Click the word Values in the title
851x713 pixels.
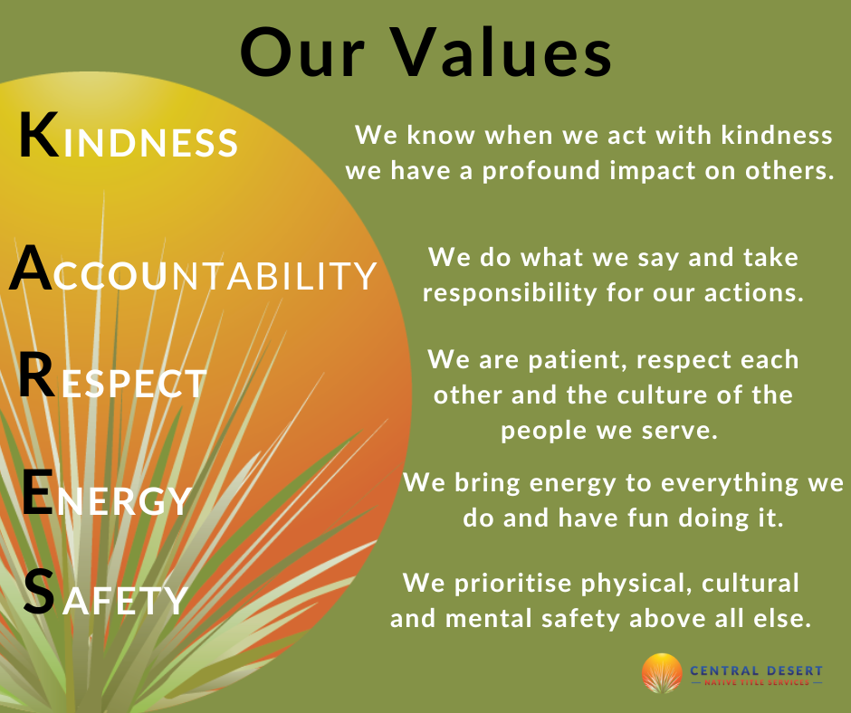[x=502, y=52]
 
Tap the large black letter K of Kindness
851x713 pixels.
[x=39, y=135]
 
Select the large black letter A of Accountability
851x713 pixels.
[x=32, y=268]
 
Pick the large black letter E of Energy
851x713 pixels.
[x=38, y=491]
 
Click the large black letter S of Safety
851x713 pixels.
[x=40, y=592]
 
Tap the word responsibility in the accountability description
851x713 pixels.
[x=510, y=293]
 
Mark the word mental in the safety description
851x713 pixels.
[x=487, y=619]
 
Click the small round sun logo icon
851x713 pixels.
[x=662, y=673]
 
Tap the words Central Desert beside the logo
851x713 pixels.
[x=756, y=670]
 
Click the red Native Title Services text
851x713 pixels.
[x=757, y=682]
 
